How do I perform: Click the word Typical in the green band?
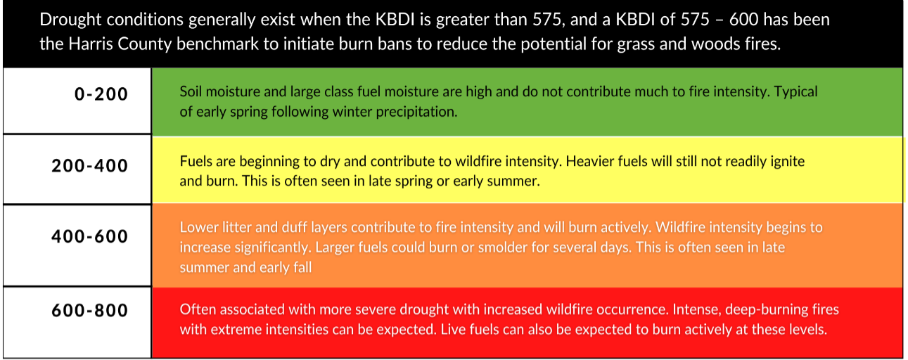(x=796, y=92)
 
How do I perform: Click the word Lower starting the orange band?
(x=198, y=228)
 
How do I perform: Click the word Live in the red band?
(x=453, y=329)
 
